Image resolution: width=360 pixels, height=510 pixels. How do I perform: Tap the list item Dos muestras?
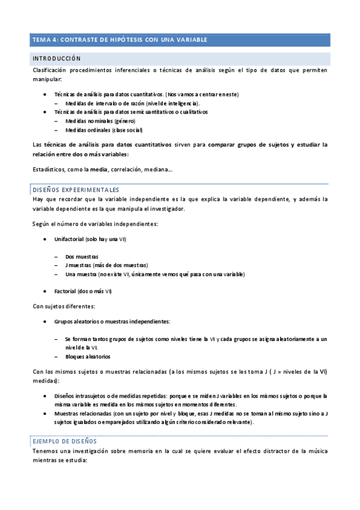(82, 257)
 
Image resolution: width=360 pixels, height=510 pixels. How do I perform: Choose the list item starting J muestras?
(106, 265)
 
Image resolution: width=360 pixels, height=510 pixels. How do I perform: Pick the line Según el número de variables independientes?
(95, 224)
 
